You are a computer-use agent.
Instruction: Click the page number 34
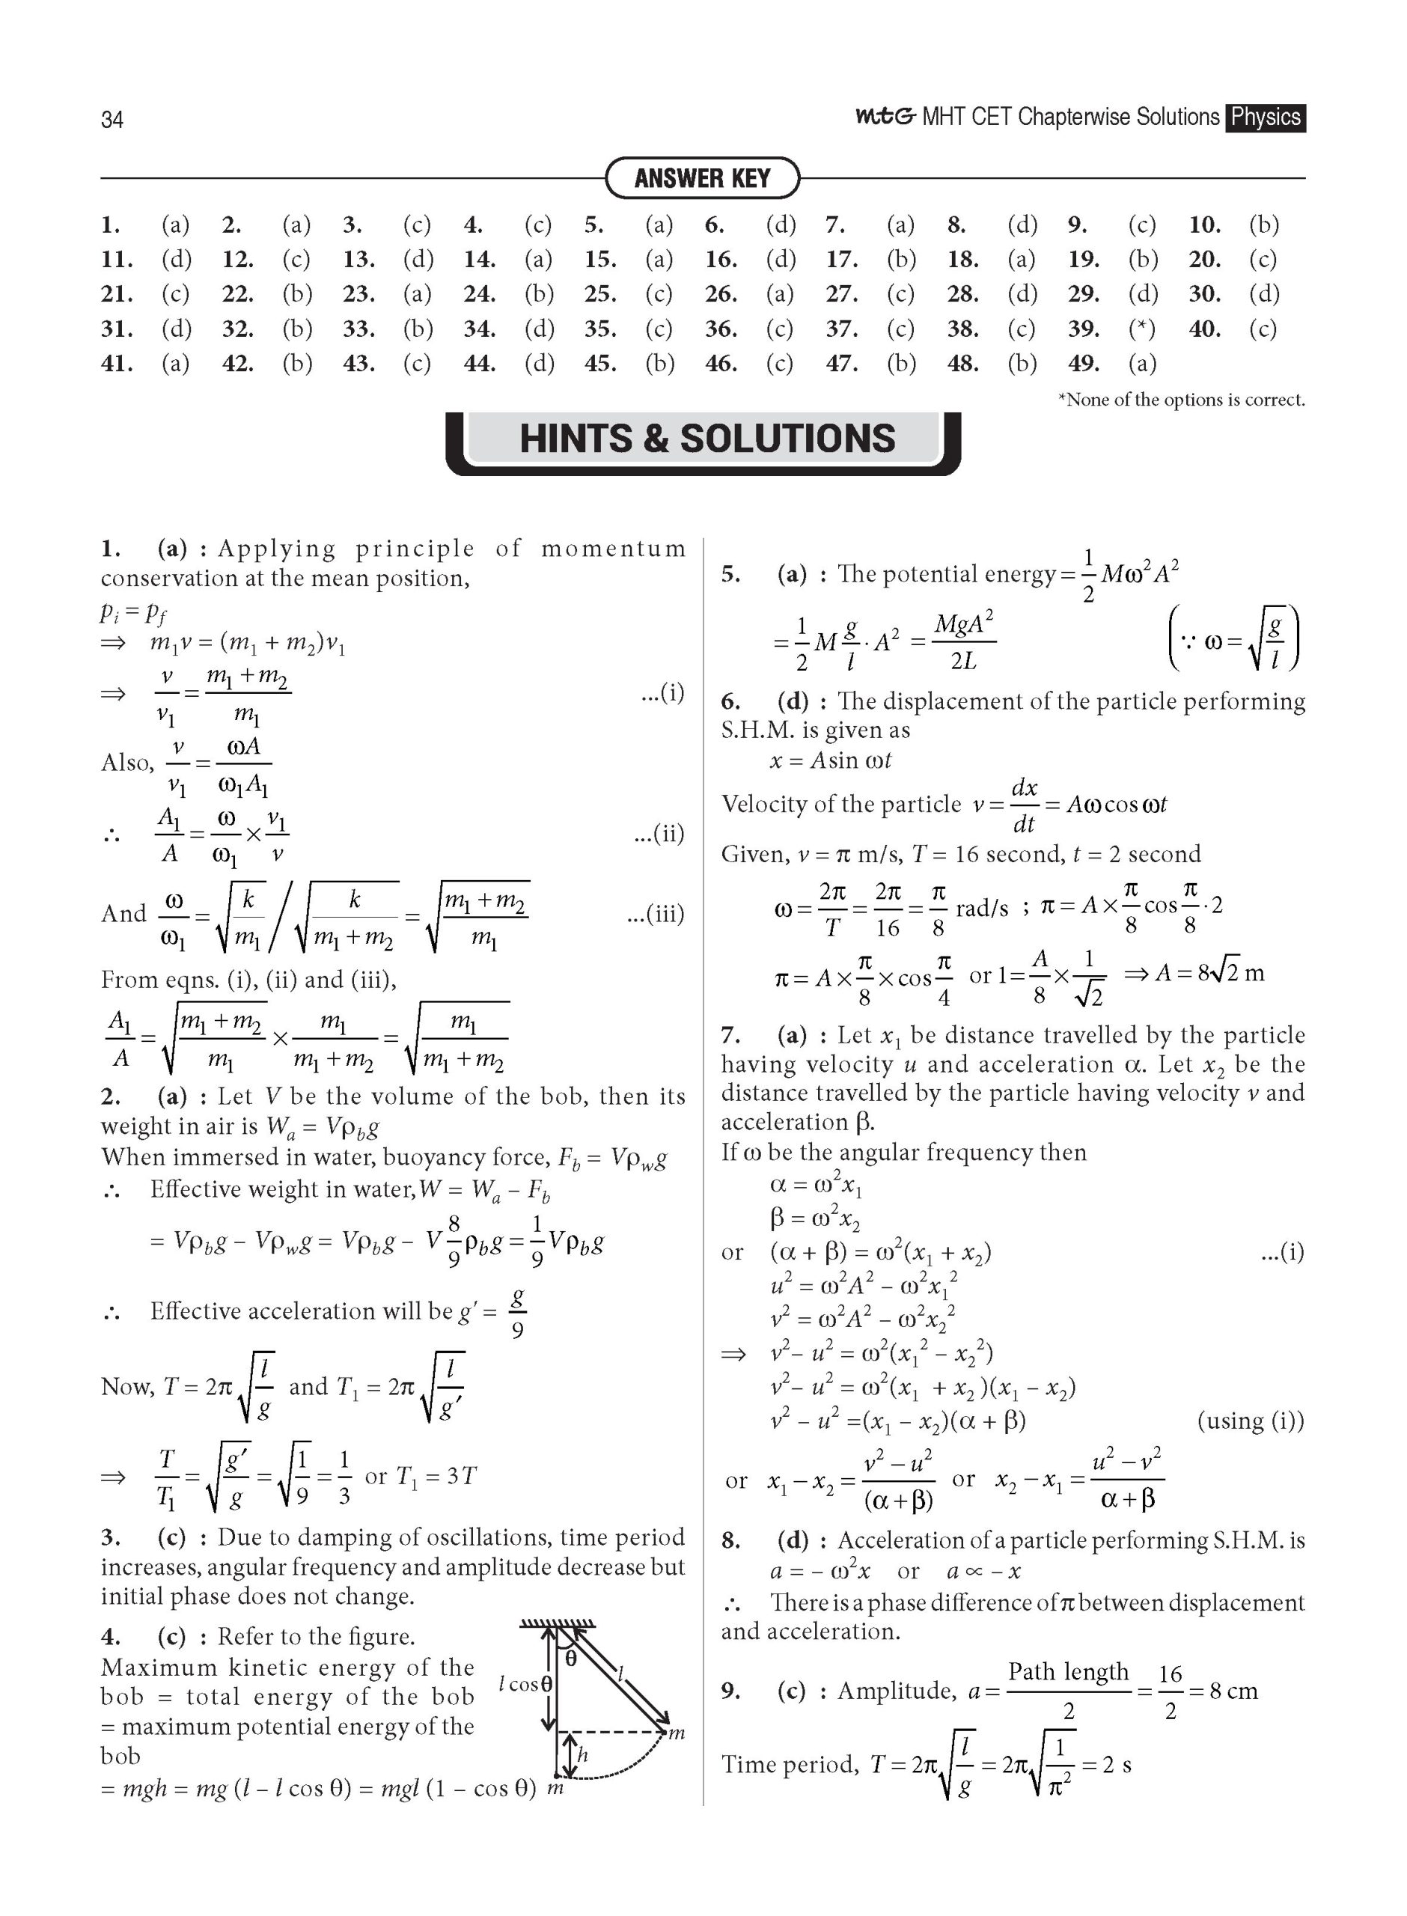(x=112, y=120)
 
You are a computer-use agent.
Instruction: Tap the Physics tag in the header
(x=1266, y=118)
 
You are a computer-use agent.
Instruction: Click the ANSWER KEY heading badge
(x=702, y=178)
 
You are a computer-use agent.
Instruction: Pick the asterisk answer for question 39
(x=1141, y=329)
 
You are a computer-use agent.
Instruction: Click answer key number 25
(x=600, y=294)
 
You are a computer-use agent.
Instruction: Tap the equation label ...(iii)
(x=654, y=915)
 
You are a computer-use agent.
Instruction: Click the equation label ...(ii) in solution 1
(x=659, y=834)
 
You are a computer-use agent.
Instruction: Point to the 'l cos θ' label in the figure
(x=525, y=1683)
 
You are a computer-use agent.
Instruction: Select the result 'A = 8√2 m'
(x=1209, y=972)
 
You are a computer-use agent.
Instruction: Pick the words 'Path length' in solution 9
(x=1068, y=1671)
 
